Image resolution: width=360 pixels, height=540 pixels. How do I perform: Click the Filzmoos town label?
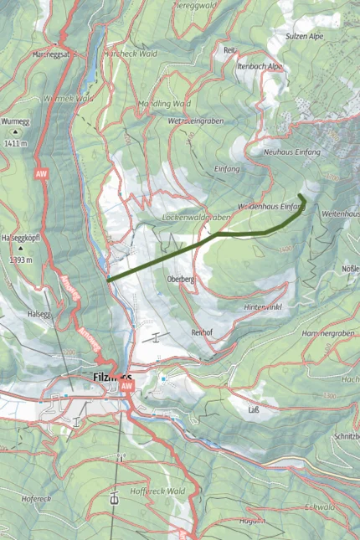tap(106, 378)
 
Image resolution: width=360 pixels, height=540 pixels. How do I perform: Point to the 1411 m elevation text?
tap(16, 143)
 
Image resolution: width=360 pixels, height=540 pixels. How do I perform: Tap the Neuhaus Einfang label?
tap(292, 153)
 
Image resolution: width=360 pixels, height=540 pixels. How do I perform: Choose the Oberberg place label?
tap(181, 279)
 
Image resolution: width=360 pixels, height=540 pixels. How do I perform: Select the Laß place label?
tap(254, 410)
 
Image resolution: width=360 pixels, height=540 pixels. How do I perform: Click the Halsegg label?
tap(39, 314)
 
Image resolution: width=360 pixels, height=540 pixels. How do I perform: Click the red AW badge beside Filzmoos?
tap(127, 388)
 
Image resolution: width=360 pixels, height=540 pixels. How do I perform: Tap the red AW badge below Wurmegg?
tap(39, 174)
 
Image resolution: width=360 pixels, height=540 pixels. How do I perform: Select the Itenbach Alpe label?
tap(260, 66)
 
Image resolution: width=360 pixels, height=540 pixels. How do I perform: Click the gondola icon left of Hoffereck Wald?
tap(114, 500)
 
